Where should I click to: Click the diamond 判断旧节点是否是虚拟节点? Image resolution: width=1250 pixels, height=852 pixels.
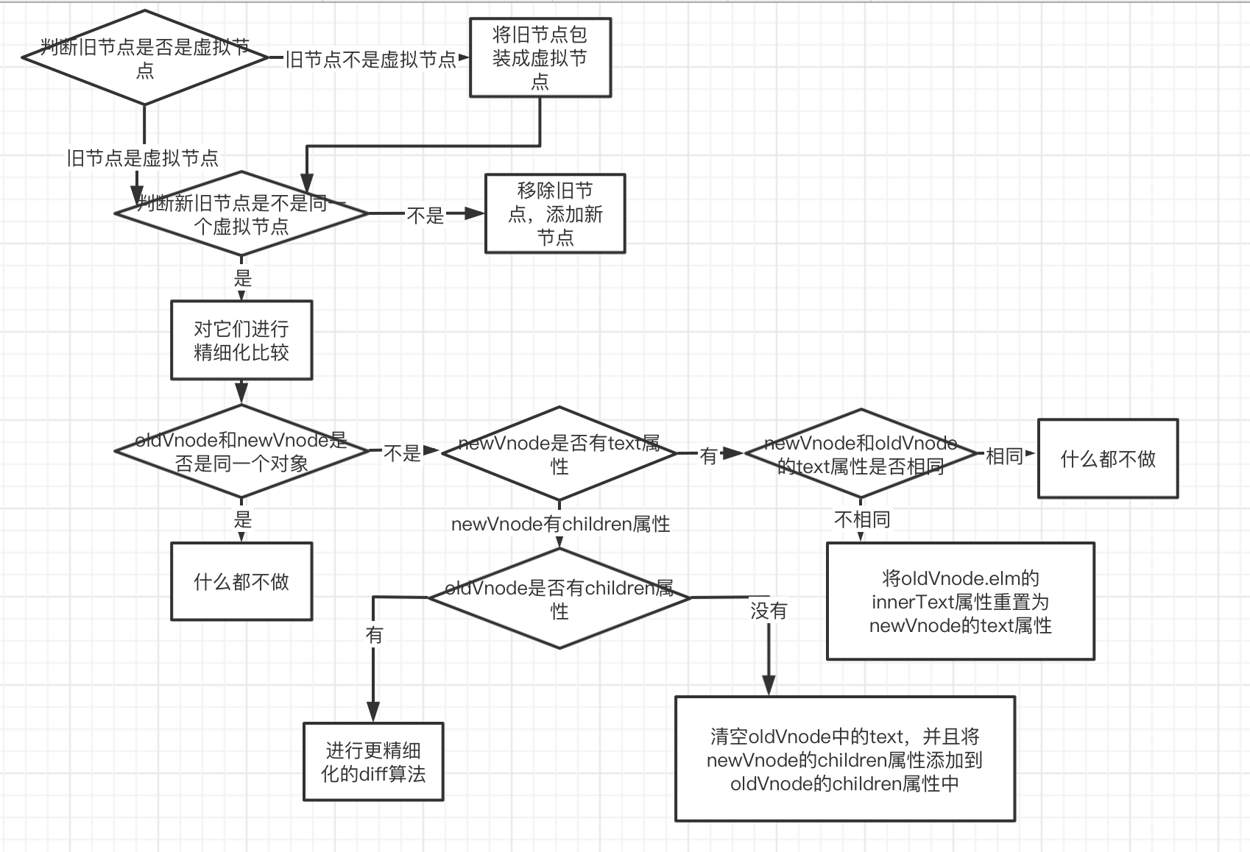[x=145, y=58]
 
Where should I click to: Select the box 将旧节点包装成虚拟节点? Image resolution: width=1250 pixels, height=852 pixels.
[x=540, y=58]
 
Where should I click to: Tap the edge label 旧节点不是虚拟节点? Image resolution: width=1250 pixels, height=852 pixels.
[x=370, y=60]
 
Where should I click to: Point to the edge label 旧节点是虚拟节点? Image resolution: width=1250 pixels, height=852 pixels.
[x=142, y=158]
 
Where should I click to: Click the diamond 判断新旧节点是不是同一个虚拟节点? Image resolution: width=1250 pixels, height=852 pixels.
[x=241, y=214]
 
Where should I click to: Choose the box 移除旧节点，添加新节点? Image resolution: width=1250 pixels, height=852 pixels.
[x=555, y=214]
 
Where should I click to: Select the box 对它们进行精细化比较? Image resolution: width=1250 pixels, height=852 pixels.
[x=241, y=340]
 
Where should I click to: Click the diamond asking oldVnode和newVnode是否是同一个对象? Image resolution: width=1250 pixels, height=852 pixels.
[x=241, y=452]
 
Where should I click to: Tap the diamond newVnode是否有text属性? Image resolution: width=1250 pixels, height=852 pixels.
[x=559, y=454]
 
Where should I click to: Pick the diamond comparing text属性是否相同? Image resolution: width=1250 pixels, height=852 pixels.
[x=861, y=454]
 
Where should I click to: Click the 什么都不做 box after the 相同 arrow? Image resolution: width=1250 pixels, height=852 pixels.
[x=1108, y=459]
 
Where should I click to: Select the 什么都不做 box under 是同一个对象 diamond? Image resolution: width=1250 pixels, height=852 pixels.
[x=241, y=582]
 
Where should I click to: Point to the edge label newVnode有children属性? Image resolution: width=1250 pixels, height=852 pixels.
[x=560, y=524]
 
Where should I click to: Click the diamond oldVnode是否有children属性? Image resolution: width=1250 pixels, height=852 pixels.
[x=559, y=598]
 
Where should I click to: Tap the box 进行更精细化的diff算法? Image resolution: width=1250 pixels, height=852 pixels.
[x=373, y=762]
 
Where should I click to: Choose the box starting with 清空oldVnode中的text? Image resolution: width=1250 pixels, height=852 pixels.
[x=845, y=759]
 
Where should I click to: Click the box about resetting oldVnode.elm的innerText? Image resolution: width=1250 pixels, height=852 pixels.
[x=961, y=601]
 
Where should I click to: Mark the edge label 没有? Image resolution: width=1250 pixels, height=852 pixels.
[x=769, y=611]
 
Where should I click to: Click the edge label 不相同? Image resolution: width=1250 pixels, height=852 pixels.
[x=861, y=519]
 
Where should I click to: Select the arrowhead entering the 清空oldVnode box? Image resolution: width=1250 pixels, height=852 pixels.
[x=769, y=687]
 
